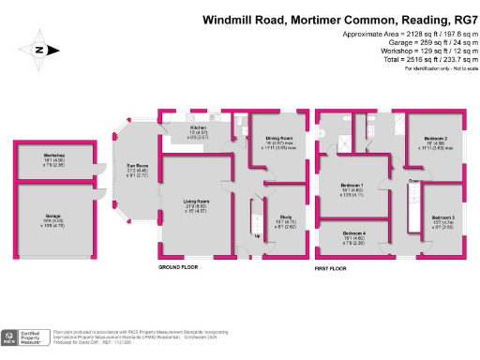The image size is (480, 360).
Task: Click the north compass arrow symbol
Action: (x=38, y=52)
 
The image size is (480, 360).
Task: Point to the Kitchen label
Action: (x=199, y=127)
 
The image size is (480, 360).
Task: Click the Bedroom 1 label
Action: (x=352, y=186)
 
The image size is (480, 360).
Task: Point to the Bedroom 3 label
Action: (x=443, y=217)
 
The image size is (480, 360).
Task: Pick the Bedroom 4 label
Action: (x=352, y=232)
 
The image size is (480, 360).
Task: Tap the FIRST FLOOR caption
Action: (x=335, y=267)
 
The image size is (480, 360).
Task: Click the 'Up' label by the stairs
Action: (x=258, y=235)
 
